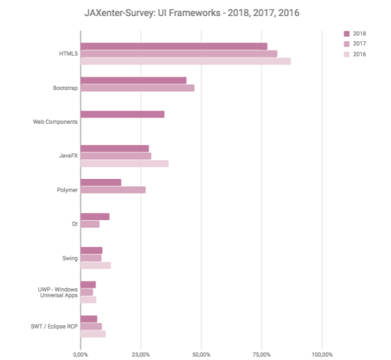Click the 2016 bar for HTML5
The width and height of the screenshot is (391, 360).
click(185, 61)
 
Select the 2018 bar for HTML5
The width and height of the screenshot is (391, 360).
click(173, 46)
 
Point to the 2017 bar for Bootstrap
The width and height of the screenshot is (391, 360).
click(137, 88)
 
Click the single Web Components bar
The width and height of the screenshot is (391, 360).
click(122, 114)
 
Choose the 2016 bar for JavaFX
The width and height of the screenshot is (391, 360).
click(125, 164)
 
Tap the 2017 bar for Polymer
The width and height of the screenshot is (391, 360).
click(113, 190)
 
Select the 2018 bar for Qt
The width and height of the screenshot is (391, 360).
click(95, 217)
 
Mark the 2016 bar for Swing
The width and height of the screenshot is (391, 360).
click(95, 265)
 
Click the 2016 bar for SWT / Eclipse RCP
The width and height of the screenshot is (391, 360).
click(93, 334)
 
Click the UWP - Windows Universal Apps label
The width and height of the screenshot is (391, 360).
click(58, 292)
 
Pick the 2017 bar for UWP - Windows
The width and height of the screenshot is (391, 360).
click(86, 292)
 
